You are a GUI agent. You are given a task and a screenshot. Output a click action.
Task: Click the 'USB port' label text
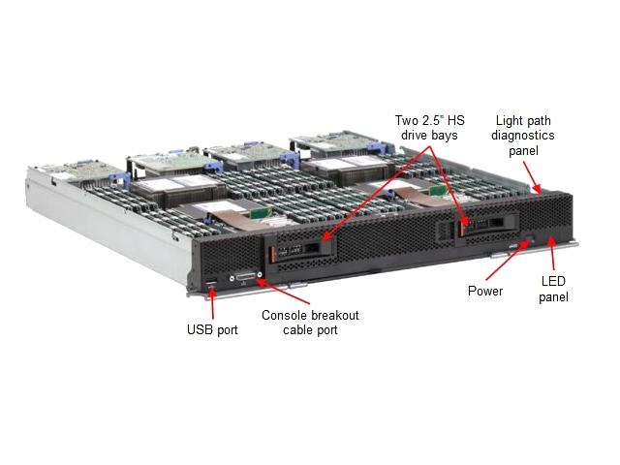coord(212,329)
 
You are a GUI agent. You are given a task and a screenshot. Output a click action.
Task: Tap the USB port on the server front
coord(211,282)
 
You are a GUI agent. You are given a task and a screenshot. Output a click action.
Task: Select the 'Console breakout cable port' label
coord(310,323)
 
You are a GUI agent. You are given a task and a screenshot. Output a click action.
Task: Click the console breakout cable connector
coord(246,277)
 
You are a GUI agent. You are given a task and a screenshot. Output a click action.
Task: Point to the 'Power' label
coord(485,291)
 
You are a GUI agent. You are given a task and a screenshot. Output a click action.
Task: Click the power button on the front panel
coord(530,238)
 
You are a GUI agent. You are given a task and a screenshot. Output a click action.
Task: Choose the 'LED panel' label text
coord(553,290)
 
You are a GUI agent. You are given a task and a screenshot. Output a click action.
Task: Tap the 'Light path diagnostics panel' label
coord(523,136)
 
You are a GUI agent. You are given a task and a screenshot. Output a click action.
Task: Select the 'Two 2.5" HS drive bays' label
coord(430,128)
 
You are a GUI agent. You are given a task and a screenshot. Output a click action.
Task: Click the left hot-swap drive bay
coord(300,250)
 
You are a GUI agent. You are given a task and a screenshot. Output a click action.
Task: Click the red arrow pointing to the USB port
coord(213,303)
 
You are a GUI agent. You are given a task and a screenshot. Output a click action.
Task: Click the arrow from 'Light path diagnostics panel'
coord(532,177)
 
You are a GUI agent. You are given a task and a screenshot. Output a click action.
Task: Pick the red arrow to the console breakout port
coord(282,293)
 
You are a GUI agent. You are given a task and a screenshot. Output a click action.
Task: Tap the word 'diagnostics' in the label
coord(523,136)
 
